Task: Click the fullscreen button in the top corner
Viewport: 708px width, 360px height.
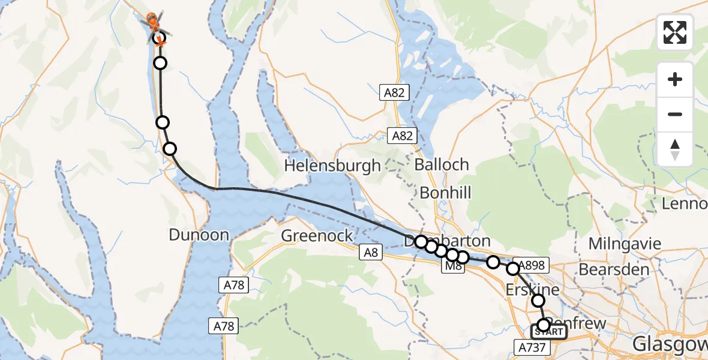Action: pos(675,32)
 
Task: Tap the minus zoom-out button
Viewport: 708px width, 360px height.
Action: pos(675,114)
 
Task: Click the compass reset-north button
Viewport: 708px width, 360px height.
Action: pos(675,149)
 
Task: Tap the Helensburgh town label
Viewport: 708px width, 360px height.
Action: pos(334,165)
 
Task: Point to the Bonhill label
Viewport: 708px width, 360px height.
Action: pos(445,193)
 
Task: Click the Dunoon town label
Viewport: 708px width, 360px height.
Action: pos(199,235)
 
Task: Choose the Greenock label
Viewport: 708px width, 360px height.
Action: pos(317,236)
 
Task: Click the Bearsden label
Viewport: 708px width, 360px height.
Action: pos(614,269)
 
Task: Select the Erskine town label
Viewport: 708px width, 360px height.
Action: pos(533,289)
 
